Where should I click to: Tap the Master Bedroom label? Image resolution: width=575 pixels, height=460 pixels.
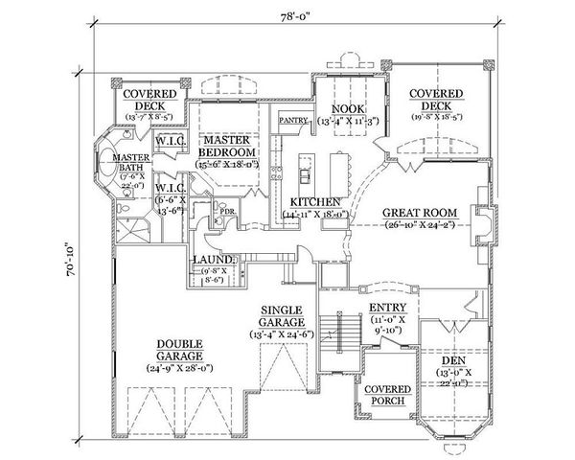pos(227,146)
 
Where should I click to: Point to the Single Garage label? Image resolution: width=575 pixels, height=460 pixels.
pos(282,315)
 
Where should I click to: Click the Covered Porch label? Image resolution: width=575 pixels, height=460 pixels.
pos(388,395)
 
